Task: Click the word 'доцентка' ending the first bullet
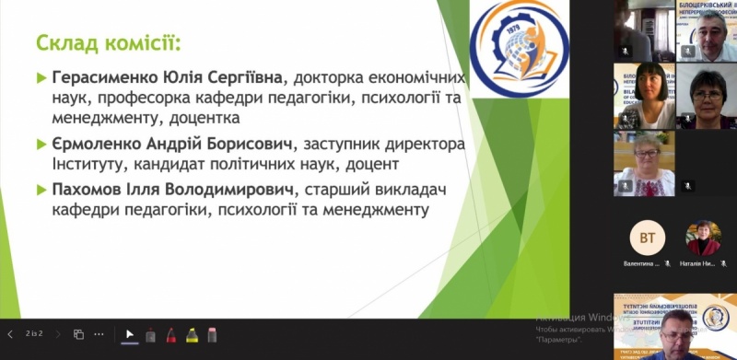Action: tap(208, 119)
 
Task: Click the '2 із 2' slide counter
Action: tap(35, 333)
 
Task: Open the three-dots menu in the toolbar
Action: tap(99, 333)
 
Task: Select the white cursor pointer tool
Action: tap(130, 334)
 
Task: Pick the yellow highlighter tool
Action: tap(191, 334)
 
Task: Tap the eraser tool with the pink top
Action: tap(211, 334)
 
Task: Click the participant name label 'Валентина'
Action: tap(639, 262)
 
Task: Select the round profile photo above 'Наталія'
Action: tap(704, 238)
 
